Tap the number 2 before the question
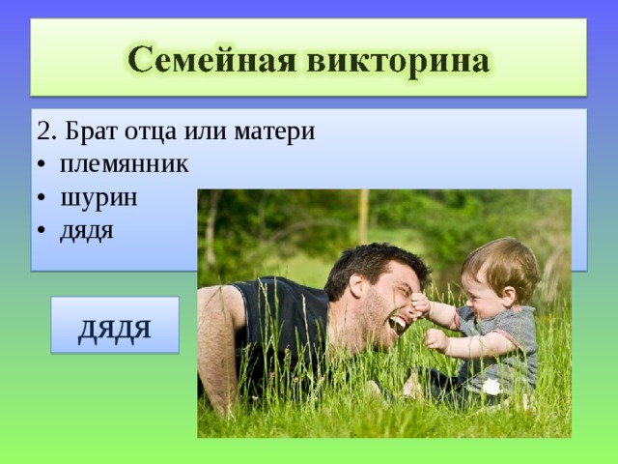(42, 130)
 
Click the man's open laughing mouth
(398, 323)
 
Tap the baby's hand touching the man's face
(419, 307)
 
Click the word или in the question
(213, 131)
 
